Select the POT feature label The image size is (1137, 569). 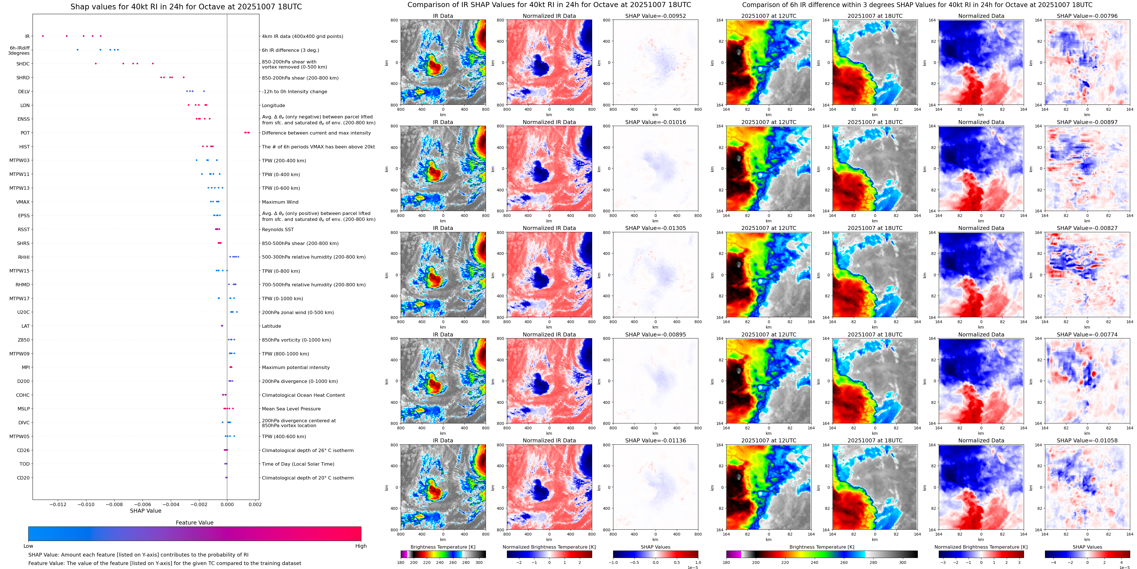(25, 133)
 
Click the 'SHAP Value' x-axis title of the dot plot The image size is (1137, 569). (146, 511)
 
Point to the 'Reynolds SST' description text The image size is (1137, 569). (278, 229)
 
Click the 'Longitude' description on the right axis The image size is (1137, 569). (273, 105)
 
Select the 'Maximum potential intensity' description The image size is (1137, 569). (296, 367)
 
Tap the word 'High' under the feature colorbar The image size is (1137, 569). (360, 546)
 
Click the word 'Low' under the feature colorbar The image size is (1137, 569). (28, 546)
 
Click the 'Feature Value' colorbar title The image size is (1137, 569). (194, 523)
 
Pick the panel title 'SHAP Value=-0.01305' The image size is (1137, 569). (656, 228)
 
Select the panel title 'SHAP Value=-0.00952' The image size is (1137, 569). (656, 16)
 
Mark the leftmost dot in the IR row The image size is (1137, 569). (43, 36)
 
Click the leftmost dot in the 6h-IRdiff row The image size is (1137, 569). (78, 50)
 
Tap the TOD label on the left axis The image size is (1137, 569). (25, 464)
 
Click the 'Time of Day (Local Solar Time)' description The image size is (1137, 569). (298, 464)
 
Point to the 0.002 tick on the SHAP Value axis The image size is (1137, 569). (255, 504)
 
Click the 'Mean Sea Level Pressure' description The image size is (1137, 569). (291, 409)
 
